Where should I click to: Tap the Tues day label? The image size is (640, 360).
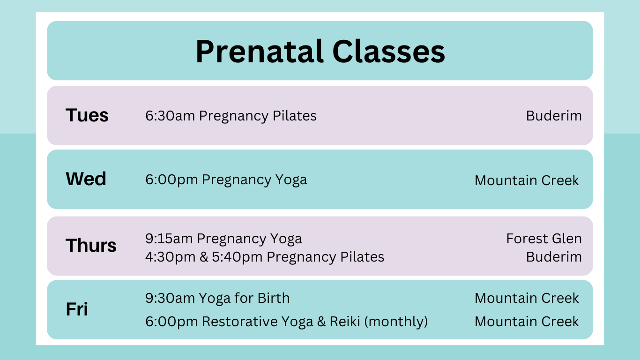87,115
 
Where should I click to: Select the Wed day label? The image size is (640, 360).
86,179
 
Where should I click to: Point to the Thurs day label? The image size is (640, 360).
91,245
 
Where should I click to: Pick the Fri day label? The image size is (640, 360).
77,309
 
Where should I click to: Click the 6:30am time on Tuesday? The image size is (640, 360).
170,116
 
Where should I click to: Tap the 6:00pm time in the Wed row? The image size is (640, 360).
171,180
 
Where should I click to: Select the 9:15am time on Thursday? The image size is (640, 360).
169,239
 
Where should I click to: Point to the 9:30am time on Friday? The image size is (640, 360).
170,298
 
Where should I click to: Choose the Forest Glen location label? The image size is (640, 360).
543,239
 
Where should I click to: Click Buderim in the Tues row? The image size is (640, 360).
554,116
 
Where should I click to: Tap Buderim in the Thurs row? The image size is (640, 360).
554,257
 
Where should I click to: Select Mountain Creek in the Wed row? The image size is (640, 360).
527,180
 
